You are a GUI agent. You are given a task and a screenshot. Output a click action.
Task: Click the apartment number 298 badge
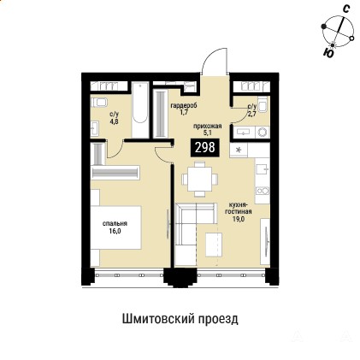click(x=204, y=147)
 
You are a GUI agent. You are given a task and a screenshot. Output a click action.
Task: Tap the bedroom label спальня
click(x=115, y=223)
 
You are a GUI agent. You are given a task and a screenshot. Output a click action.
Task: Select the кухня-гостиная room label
click(x=239, y=209)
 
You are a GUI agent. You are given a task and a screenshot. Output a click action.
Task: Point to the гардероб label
click(x=184, y=105)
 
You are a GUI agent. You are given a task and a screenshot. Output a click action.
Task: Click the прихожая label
click(x=207, y=127)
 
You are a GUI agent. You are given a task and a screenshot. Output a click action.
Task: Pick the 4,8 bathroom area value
click(x=115, y=121)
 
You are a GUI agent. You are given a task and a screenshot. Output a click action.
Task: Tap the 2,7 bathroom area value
click(x=252, y=114)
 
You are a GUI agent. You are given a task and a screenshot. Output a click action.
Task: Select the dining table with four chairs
click(x=200, y=180)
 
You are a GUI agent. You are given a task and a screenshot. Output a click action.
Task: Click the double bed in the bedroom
click(x=115, y=227)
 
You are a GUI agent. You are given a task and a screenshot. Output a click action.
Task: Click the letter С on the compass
click(x=345, y=9)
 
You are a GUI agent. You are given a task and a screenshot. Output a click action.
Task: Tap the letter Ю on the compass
click(x=328, y=53)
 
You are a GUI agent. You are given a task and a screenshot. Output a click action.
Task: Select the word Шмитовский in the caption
click(x=155, y=319)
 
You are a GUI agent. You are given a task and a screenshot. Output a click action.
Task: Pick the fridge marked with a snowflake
click(x=239, y=150)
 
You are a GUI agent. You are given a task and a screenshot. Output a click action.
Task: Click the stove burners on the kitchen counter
click(x=263, y=191)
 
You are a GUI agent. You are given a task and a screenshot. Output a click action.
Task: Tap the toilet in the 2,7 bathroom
click(x=263, y=103)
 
